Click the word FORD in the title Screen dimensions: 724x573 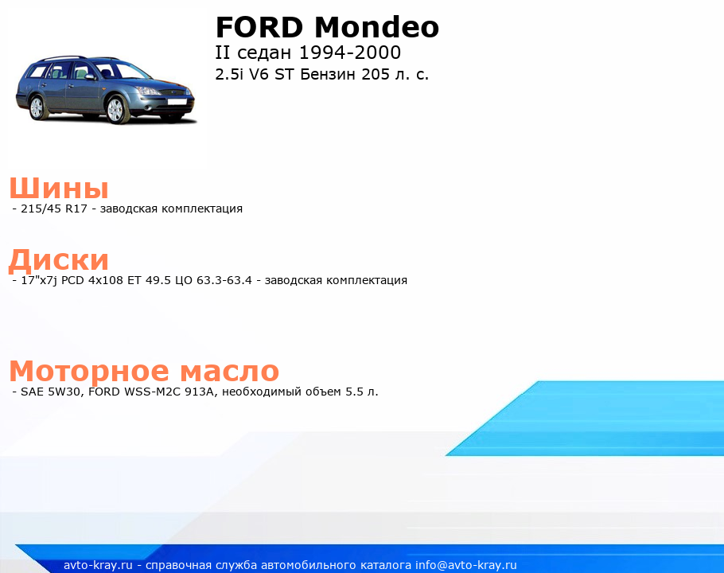(x=259, y=27)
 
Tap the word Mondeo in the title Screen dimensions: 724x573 (x=377, y=27)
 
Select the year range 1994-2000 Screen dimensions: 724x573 (x=350, y=53)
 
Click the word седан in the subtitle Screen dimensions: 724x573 (x=265, y=53)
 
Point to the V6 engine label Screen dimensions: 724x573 (x=259, y=74)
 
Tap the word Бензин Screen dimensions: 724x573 (x=329, y=74)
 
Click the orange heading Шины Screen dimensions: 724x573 (x=59, y=188)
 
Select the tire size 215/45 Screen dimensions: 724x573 (x=41, y=209)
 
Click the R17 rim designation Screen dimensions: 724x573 (x=76, y=209)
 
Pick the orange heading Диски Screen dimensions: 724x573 (x=59, y=260)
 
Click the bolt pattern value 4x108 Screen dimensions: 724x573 (x=106, y=280)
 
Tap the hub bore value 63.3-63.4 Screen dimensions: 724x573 (x=224, y=280)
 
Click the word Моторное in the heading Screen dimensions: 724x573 (x=89, y=371)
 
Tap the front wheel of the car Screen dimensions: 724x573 (x=116, y=110)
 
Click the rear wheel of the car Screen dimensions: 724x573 (x=37, y=107)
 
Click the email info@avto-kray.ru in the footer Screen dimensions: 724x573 (x=466, y=565)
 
